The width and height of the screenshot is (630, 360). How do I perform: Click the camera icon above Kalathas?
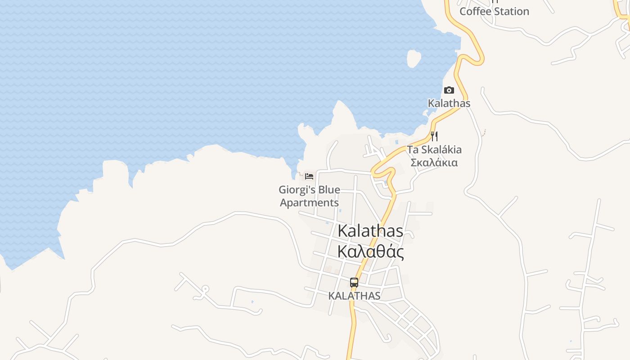pyautogui.click(x=449, y=90)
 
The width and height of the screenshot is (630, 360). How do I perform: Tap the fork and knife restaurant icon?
pyautogui.click(x=434, y=136)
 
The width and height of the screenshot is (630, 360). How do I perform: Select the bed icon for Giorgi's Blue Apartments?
pyautogui.click(x=309, y=176)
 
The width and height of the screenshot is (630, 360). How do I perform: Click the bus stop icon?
pyautogui.click(x=354, y=283)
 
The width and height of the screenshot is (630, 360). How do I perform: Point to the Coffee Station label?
pyautogui.click(x=494, y=12)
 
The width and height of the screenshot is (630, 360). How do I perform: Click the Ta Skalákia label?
pyautogui.click(x=434, y=149)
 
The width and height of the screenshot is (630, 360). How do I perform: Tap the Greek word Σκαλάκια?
pyautogui.click(x=434, y=162)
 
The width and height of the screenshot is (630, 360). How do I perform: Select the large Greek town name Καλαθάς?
pyautogui.click(x=370, y=252)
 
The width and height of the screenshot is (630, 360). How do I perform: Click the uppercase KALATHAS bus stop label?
pyautogui.click(x=354, y=296)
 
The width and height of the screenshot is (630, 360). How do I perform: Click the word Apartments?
pyautogui.click(x=309, y=202)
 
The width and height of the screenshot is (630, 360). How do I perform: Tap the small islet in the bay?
pyautogui.click(x=414, y=58)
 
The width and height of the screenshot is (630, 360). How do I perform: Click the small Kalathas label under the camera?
pyautogui.click(x=449, y=103)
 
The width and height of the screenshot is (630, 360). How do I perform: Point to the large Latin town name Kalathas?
pyautogui.click(x=370, y=231)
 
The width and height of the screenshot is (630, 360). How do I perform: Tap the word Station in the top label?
pyautogui.click(x=512, y=12)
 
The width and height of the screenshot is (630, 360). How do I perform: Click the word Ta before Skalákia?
pyautogui.click(x=413, y=149)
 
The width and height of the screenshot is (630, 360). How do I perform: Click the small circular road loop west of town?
pyautogui.click(x=205, y=288)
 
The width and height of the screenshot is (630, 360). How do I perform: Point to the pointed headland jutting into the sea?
pyautogui.click(x=340, y=108)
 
